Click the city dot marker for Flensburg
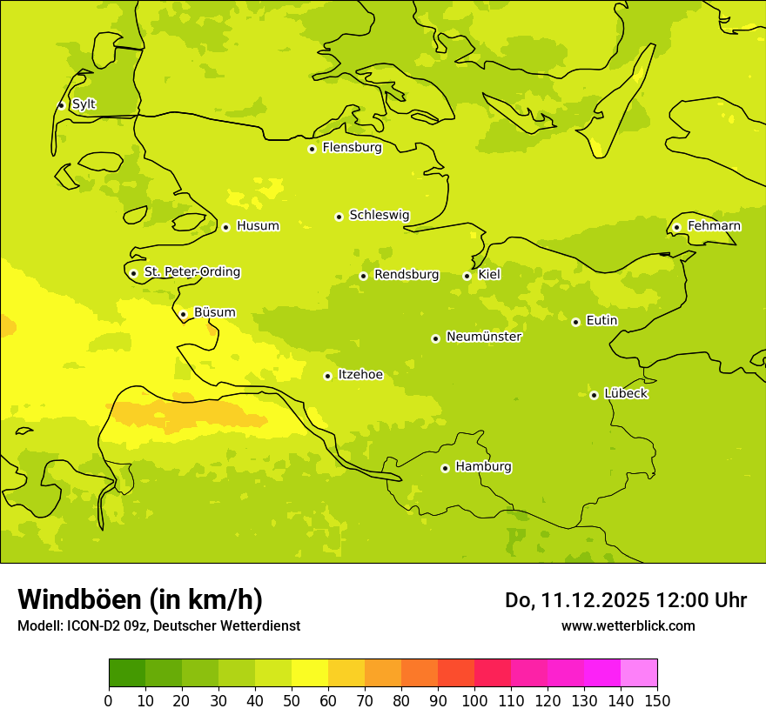312,149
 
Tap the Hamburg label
483,466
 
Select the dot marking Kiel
467,276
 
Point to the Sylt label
84,104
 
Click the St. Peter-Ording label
191,272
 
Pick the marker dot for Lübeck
594,395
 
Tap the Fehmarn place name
714,226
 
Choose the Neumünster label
483,337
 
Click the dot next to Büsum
183,314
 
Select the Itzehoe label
359,375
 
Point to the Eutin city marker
575,322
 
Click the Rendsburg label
406,275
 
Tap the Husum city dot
225,227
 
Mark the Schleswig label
379,215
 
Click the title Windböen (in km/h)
140,599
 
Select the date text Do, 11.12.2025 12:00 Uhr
625,600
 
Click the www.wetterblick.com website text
628,625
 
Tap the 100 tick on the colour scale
474,701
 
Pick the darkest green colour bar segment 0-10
127,672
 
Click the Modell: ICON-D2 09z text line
158,626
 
